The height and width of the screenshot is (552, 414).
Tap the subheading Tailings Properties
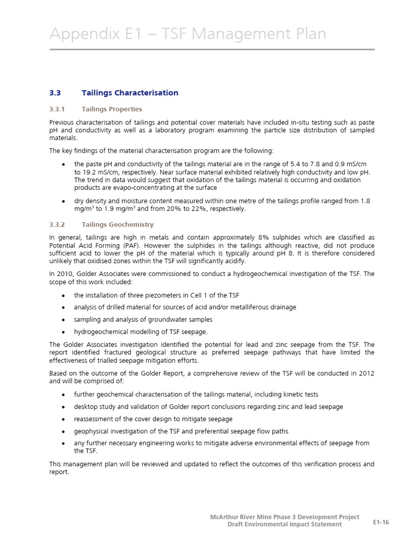(x=112, y=109)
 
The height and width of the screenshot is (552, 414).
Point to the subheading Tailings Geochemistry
(x=118, y=224)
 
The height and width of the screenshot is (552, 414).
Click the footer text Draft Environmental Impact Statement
(x=284, y=525)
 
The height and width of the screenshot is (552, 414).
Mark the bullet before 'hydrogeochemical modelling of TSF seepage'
(x=64, y=332)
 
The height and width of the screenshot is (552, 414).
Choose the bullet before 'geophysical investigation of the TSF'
(x=64, y=431)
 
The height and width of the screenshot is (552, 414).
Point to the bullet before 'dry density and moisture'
(x=64, y=201)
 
